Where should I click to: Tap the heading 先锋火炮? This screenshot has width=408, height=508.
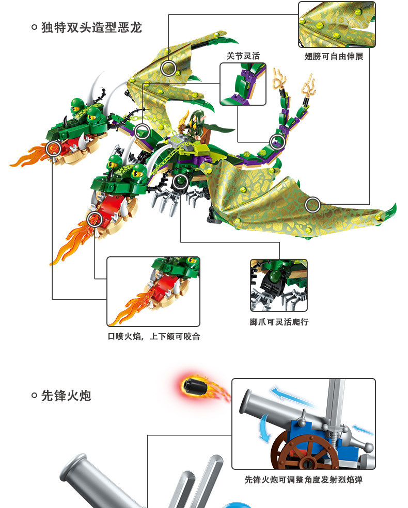[66, 396]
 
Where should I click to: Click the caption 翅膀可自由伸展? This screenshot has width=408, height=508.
[334, 56]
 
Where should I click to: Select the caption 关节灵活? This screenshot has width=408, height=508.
[243, 56]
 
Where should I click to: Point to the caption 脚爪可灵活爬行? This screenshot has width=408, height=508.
[279, 322]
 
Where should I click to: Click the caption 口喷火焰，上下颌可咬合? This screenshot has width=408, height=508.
[153, 336]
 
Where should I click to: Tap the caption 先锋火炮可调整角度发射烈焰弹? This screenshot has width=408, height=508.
[303, 480]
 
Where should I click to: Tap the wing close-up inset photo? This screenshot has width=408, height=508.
[337, 25]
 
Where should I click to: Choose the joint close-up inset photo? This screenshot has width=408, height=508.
[243, 84]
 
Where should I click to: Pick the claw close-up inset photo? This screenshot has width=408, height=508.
[279, 285]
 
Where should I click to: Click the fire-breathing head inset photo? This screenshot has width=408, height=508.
[153, 291]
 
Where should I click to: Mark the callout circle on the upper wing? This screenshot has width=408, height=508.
[168, 68]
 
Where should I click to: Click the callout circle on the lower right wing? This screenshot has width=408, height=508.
[312, 205]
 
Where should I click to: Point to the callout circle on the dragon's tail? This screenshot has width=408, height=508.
[277, 140]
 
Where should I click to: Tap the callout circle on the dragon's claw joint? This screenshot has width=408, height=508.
[180, 181]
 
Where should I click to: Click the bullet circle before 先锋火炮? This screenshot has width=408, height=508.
[34, 396]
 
